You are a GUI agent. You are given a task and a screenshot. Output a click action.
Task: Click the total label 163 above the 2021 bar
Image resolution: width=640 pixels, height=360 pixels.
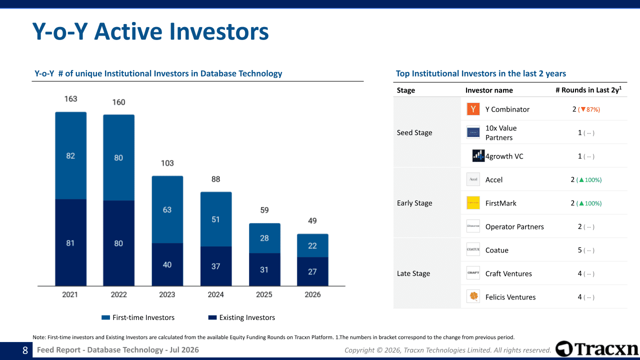point(70,99)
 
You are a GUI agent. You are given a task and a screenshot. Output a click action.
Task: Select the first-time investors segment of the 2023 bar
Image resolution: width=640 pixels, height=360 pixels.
point(167,209)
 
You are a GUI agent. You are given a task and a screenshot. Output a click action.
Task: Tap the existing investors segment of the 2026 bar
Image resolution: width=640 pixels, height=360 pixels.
point(312,271)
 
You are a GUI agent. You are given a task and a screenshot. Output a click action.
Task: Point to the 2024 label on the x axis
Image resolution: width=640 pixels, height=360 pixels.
point(215,294)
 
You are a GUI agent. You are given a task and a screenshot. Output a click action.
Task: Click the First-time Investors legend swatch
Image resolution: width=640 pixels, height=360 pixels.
point(105,317)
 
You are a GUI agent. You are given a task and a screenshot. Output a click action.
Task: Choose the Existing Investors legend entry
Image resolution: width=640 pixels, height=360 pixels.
point(241,317)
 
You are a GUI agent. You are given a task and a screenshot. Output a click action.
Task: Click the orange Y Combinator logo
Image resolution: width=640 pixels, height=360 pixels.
point(473,109)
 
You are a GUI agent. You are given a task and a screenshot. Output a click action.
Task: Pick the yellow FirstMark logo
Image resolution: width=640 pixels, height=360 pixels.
point(473,203)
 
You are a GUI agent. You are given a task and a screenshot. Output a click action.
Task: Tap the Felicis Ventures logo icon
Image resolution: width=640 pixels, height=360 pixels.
point(473,296)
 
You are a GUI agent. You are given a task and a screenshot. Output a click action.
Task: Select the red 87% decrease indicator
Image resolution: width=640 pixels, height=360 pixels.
point(589,109)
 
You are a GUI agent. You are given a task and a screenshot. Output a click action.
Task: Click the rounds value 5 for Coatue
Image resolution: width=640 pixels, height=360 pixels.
point(579,250)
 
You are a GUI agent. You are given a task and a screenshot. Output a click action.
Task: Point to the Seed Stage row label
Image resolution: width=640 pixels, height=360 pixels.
point(414,132)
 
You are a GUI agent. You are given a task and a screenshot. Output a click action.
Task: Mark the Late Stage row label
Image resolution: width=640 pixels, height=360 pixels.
point(413,273)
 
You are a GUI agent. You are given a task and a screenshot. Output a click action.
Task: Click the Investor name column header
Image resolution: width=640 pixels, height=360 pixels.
point(489,90)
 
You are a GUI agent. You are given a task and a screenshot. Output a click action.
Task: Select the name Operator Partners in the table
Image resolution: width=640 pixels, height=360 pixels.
point(514,226)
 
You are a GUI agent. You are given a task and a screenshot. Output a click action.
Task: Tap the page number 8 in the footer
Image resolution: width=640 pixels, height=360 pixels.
point(25,350)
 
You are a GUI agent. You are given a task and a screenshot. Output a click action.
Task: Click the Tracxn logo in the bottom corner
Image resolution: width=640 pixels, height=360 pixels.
point(597,348)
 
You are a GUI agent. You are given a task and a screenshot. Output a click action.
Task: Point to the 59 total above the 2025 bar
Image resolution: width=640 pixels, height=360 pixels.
point(264,210)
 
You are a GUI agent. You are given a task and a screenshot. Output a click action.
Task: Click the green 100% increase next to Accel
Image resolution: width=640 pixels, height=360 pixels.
point(589,180)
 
